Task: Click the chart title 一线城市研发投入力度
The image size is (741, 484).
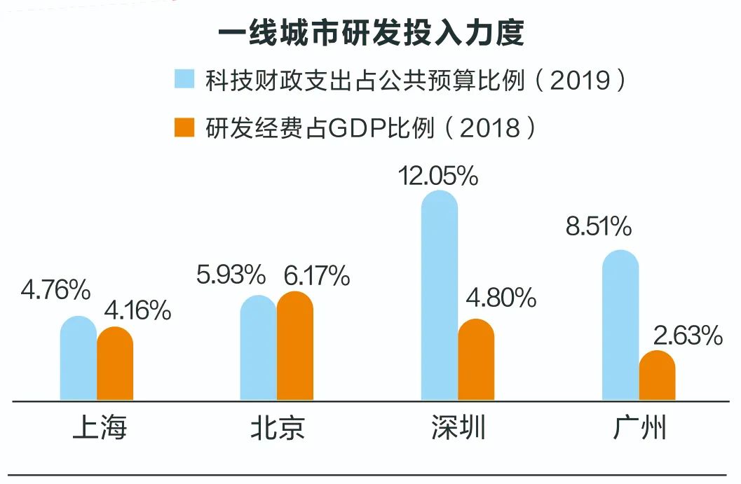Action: point(370,33)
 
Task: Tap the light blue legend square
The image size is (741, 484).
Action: point(184,79)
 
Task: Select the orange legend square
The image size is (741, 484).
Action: point(184,127)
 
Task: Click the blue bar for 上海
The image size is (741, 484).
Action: point(79,359)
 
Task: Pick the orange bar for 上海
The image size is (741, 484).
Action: point(115,364)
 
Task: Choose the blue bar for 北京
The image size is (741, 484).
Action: point(259,348)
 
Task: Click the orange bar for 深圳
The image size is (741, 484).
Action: point(476,360)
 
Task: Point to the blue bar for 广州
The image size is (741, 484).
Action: point(620,326)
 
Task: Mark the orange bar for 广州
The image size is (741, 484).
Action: point(657,376)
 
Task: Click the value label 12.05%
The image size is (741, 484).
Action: point(438,175)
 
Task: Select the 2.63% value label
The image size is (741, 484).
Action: point(687,336)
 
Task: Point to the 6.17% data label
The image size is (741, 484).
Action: point(316,276)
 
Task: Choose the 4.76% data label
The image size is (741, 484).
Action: point(56,290)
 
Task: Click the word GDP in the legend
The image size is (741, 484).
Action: point(348,128)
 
